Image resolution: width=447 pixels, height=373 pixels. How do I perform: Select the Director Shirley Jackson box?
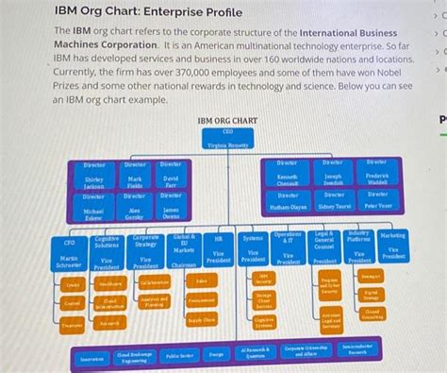(x=94, y=177)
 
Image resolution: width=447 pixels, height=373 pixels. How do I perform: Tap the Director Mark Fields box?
(x=135, y=177)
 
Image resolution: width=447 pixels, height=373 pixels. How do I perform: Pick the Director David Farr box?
(x=171, y=177)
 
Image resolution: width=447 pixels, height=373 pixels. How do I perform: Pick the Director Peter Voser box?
(x=377, y=201)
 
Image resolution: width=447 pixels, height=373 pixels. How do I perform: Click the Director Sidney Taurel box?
(x=334, y=201)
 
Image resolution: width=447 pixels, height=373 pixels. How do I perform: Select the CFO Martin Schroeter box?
(x=69, y=253)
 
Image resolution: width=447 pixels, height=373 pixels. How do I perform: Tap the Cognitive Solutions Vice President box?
(x=108, y=253)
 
